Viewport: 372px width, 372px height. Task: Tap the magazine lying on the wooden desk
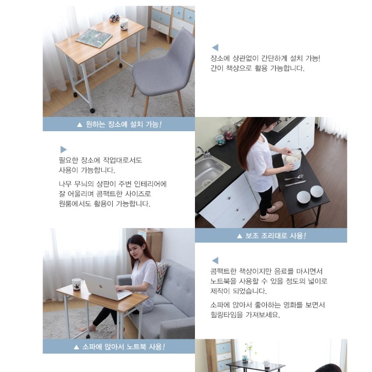click(x=94, y=37)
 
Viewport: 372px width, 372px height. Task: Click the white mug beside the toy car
click(x=124, y=24)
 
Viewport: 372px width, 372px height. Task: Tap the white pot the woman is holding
click(x=291, y=160)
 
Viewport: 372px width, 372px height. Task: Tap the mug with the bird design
click(x=77, y=284)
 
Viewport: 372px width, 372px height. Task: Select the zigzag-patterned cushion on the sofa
click(x=161, y=276)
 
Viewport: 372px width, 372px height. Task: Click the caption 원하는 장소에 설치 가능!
click(x=119, y=125)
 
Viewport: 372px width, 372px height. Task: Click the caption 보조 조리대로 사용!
click(x=271, y=236)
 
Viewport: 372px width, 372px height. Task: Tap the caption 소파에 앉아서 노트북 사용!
click(x=119, y=347)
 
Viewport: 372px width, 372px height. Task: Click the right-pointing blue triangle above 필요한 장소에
click(x=64, y=150)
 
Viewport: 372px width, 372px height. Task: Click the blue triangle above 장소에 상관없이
click(x=214, y=47)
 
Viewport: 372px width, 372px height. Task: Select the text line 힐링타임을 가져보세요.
click(x=245, y=315)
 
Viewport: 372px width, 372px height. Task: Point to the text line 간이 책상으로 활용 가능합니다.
click(x=257, y=68)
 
